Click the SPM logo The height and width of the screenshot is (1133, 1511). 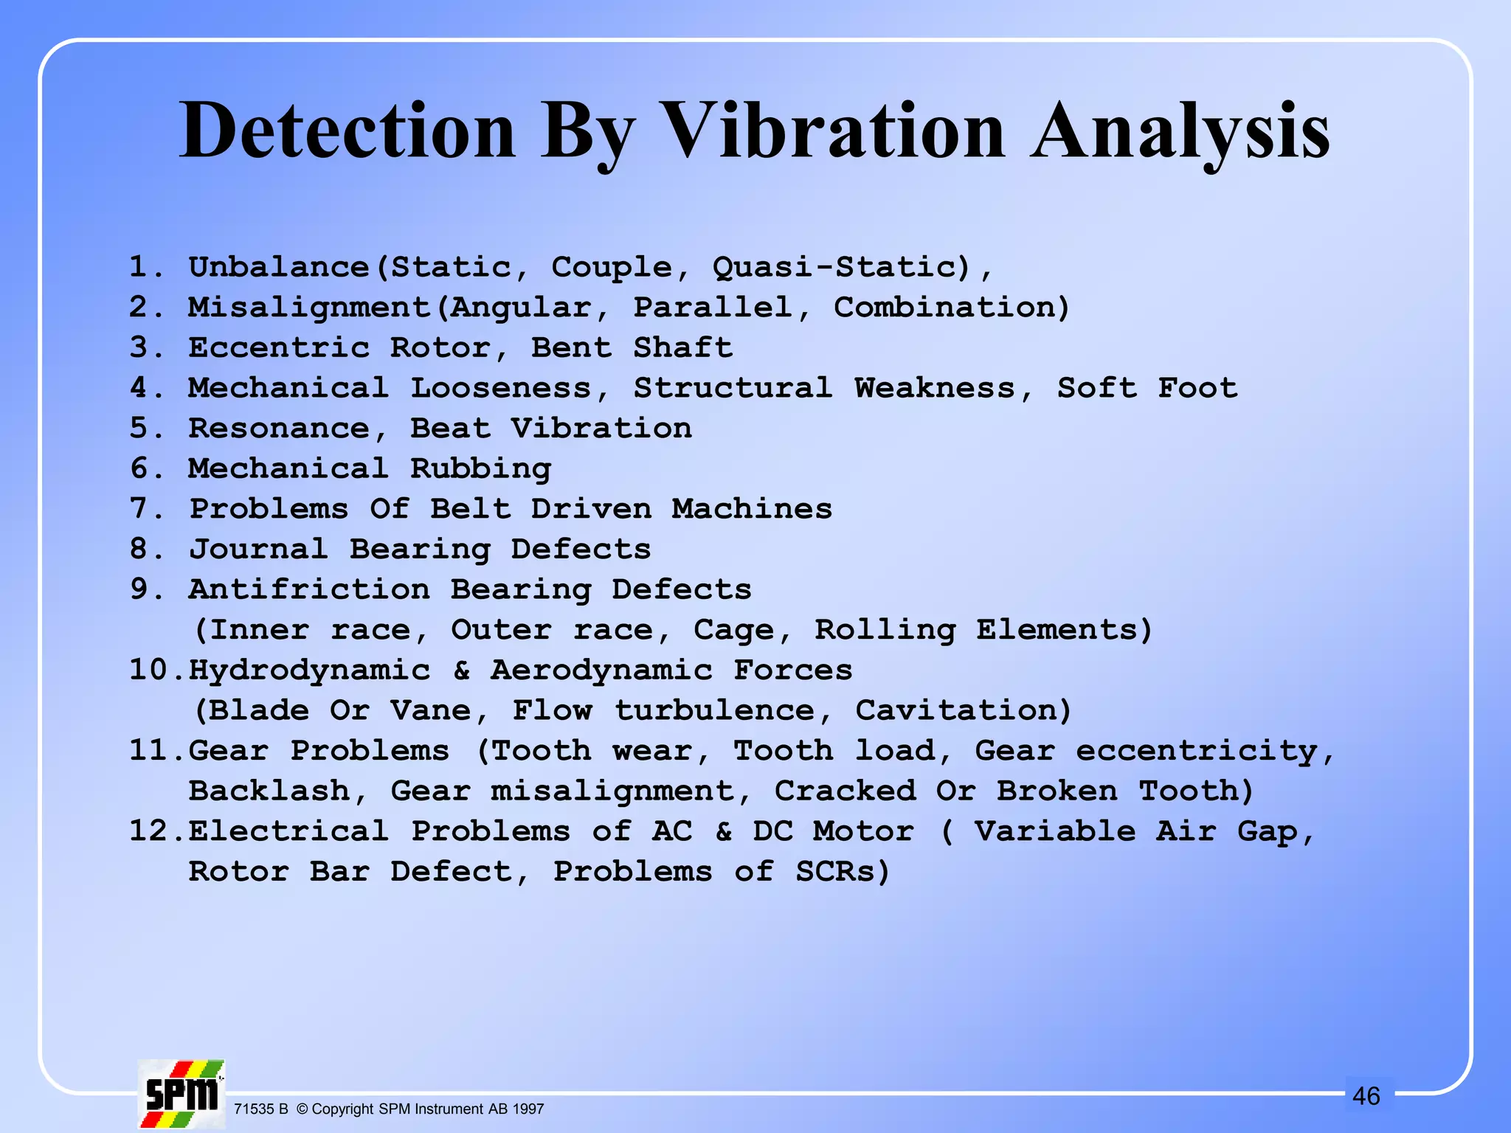tap(181, 1094)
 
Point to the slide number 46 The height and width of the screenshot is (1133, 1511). tap(1366, 1096)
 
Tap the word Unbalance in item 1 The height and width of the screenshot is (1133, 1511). tap(279, 267)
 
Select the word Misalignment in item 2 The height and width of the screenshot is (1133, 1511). tap(309, 308)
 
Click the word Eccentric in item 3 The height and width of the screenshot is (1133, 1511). tap(279, 347)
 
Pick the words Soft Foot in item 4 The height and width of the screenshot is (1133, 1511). tap(1147, 388)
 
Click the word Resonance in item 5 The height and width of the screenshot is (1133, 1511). tap(279, 429)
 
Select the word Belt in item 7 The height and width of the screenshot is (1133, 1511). tap(470, 509)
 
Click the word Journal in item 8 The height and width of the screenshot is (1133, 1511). tap(258, 550)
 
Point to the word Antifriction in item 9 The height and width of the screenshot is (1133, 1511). tap(309, 589)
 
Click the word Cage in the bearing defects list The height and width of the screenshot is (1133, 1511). tap(733, 630)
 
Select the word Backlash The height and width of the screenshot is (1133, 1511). tap(269, 791)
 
